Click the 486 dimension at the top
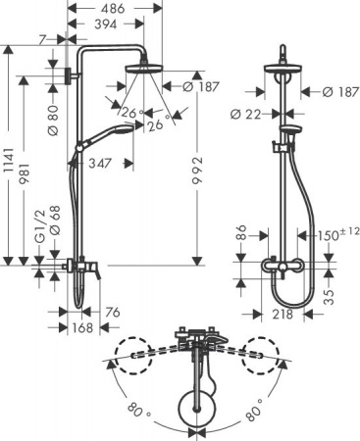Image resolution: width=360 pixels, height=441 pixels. (x=115, y=8)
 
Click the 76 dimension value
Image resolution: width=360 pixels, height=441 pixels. (x=113, y=313)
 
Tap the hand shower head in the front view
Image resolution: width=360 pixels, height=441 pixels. (x=290, y=132)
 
